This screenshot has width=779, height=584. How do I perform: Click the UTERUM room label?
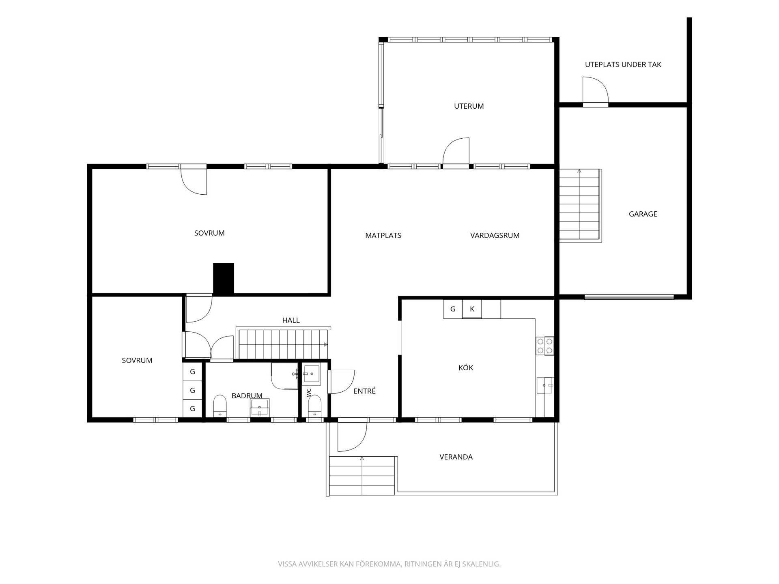point(469,106)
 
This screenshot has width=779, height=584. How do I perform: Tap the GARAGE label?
point(643,214)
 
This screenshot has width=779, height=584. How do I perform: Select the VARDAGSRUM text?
point(495,235)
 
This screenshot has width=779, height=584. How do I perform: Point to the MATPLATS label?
point(383,235)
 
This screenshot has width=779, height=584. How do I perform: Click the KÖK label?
point(466,367)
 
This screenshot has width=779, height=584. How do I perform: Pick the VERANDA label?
point(456,457)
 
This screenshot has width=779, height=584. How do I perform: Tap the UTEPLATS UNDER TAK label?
point(623,64)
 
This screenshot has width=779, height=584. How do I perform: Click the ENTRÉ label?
point(364,391)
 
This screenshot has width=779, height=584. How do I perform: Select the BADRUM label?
point(247,396)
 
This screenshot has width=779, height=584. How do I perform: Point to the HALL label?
point(291,320)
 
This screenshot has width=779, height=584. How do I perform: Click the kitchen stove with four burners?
point(545,346)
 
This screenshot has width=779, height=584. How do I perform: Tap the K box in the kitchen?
point(472,309)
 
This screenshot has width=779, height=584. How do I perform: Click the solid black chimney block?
point(224,279)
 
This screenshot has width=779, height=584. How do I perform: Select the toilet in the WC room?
point(314,406)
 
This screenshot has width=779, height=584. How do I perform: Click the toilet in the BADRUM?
point(219,406)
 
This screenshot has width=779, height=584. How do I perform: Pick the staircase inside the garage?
point(580,206)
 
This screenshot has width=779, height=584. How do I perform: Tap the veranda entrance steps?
point(362,476)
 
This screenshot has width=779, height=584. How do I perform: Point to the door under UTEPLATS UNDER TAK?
point(596,90)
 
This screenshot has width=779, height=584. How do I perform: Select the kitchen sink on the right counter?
point(545,385)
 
